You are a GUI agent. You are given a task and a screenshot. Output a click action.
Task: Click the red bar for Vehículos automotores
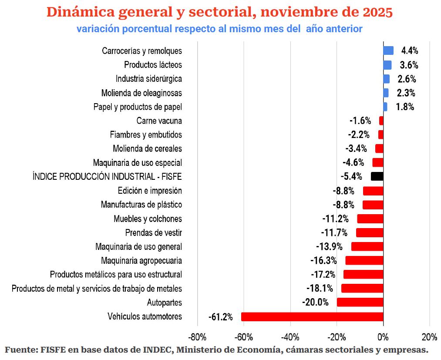[312, 316]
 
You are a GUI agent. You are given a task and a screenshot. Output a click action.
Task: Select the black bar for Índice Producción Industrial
[377, 176]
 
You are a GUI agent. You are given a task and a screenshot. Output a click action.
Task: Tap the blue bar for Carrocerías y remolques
[388, 51]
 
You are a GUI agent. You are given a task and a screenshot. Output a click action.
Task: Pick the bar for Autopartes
[360, 302]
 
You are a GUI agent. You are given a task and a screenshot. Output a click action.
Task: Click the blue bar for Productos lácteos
[387, 65]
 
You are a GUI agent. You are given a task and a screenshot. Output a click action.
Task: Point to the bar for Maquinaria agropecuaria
[364, 260]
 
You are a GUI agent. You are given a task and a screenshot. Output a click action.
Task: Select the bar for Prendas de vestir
[370, 232]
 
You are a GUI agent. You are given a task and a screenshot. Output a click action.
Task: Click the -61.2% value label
[221, 316]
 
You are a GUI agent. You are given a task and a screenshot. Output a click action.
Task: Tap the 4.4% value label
[410, 51]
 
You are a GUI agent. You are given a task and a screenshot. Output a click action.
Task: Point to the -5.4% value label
[351, 176]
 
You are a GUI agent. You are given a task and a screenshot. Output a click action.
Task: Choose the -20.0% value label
[315, 302]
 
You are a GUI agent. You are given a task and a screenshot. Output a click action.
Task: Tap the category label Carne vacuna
[159, 121]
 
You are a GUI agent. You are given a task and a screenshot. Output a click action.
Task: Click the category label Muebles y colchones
[148, 219]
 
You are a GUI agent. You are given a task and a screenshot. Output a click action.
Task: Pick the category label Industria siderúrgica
[148, 79]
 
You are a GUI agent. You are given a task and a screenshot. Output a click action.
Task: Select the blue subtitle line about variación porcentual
[219, 29]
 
